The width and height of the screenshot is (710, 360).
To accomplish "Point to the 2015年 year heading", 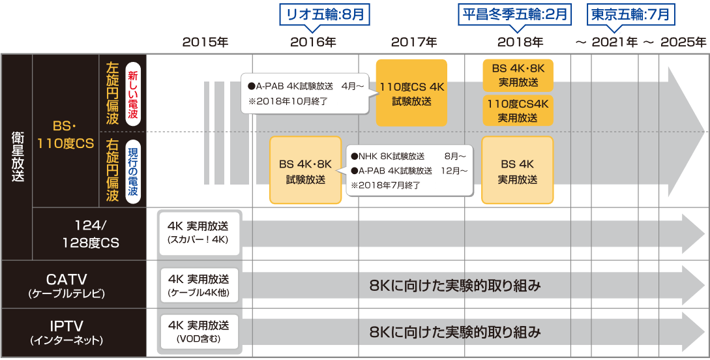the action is click(x=205, y=42).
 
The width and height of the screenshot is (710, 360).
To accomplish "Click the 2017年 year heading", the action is click(x=414, y=42).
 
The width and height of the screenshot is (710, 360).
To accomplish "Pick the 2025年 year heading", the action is click(x=683, y=42).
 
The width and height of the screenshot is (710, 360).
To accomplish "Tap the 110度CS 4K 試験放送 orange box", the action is click(x=411, y=93).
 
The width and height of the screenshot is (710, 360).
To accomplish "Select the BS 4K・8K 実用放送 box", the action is click(x=518, y=76).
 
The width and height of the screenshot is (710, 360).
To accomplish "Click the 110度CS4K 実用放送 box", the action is click(x=518, y=110).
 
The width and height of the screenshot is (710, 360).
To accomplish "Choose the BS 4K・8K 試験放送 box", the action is click(x=306, y=170).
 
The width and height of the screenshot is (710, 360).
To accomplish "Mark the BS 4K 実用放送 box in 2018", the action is click(x=518, y=170).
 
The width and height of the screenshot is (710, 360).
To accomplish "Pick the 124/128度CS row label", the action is click(x=89, y=234).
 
